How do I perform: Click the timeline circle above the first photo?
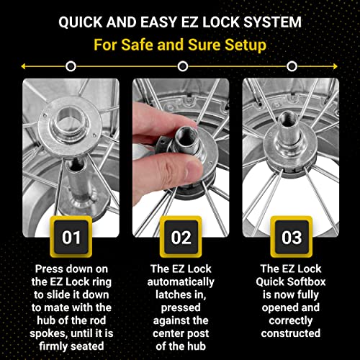(x=70, y=66)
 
